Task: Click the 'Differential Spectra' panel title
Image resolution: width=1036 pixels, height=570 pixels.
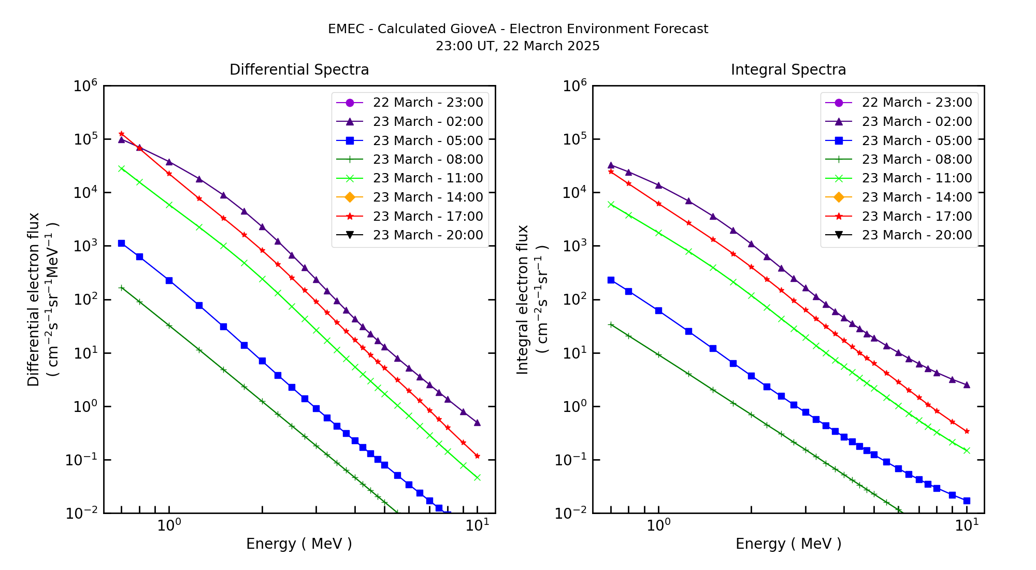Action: coord(299,70)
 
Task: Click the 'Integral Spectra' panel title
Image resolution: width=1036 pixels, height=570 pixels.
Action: coord(788,70)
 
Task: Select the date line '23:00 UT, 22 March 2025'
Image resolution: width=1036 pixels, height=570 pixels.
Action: coord(517,46)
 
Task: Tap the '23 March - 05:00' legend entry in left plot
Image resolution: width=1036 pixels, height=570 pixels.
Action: coord(427,140)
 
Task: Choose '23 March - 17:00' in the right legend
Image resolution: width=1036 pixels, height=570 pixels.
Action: coord(916,216)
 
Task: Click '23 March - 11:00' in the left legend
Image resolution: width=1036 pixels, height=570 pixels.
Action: coord(427,178)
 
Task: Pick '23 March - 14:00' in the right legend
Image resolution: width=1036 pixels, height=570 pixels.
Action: coord(916,197)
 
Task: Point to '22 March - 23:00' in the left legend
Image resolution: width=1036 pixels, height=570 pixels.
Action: coord(427,103)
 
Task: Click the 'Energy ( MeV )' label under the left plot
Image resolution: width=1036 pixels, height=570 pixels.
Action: coord(299,544)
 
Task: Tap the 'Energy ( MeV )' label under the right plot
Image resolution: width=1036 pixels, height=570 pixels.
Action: coord(788,544)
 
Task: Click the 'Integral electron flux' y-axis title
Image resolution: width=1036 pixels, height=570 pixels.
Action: coord(523,300)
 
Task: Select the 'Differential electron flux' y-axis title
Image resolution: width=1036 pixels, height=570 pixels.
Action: coord(34,300)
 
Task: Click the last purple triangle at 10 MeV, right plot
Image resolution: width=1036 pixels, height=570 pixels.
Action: coord(967,385)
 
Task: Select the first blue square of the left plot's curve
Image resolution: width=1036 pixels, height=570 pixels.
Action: coord(121,243)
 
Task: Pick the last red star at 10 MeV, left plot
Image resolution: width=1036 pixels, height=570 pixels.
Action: coord(477,457)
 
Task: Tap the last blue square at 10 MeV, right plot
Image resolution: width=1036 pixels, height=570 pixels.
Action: coord(967,501)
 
